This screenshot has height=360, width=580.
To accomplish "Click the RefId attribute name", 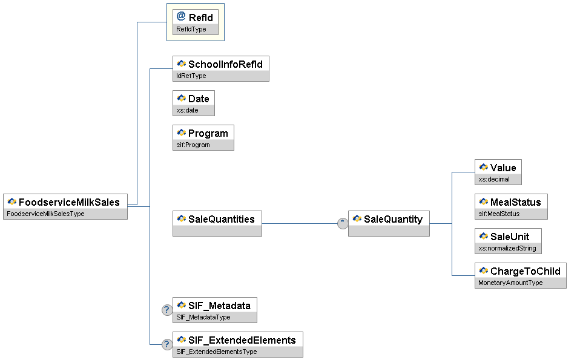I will pos(201,18).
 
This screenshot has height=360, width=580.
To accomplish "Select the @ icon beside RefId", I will pos(181,17).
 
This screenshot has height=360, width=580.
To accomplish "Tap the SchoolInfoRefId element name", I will pos(225,64).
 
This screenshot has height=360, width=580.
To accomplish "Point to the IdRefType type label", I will pos(191,76).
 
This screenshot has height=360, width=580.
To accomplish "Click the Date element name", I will pos(199,99).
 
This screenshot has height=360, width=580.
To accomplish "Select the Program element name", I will pos(208,133).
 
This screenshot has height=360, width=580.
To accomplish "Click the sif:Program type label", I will pos(193,145).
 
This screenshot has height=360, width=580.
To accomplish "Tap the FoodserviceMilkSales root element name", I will pos(69,202).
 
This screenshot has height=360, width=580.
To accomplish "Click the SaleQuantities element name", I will pos(222,219).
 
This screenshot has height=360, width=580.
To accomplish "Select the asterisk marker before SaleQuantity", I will pos(343,223).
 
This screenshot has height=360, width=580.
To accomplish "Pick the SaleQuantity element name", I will pos(393,219).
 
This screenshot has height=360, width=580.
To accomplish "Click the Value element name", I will pos(503,168).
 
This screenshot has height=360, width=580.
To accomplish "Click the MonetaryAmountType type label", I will pos(510,283).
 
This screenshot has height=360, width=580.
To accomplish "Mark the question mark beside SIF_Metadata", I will pos(167,310).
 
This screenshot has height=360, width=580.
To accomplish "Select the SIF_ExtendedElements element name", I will pos(242,340).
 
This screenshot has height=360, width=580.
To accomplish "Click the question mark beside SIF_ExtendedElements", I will pos(167,344).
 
